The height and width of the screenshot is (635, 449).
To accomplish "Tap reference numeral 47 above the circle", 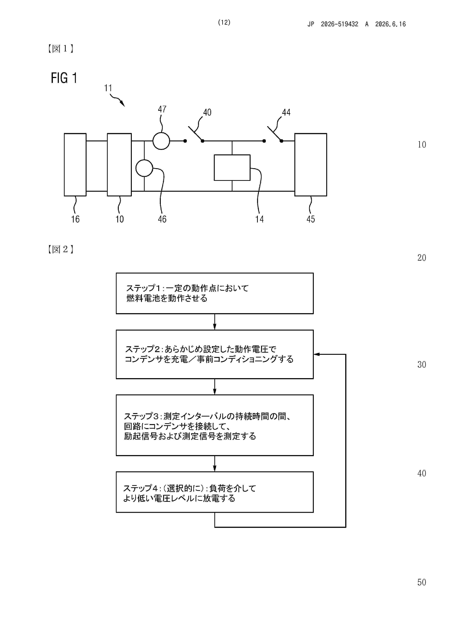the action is (x=162, y=109).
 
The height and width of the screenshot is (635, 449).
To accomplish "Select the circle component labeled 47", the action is (x=161, y=141).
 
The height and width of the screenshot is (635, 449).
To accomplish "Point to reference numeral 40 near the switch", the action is (x=207, y=112).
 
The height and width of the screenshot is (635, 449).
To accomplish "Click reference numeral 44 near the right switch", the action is (x=286, y=112).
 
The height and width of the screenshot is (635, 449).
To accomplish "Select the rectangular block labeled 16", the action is (x=75, y=165).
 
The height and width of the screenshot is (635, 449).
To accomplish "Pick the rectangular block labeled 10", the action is (x=119, y=165).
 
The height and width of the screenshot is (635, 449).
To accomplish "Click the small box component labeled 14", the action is (x=232, y=168).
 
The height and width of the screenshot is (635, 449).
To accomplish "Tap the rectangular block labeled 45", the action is (x=311, y=165).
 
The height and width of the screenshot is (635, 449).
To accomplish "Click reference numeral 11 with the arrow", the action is (x=108, y=88).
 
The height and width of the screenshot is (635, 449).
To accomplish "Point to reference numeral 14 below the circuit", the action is (x=259, y=219).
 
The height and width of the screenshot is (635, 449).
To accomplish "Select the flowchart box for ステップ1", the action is (x=215, y=293).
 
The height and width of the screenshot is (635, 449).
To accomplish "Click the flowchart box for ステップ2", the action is (x=215, y=354).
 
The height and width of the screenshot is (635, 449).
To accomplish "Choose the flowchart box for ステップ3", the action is (x=215, y=425).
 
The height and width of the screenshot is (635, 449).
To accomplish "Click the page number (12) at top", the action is (x=224, y=22).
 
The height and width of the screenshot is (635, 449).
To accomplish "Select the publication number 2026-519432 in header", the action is (x=339, y=24).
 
